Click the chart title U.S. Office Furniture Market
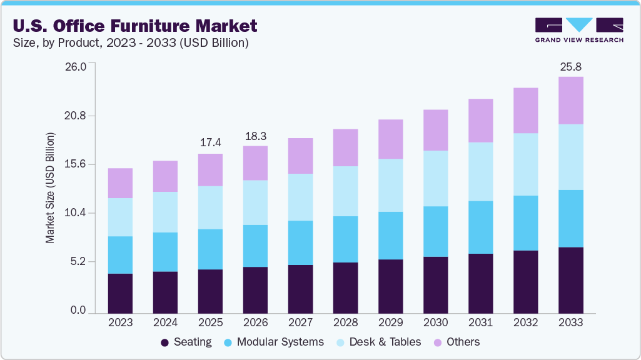[x=134, y=26]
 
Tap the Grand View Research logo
[x=578, y=29]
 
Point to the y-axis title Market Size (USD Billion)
[x=50, y=187]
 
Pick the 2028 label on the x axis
[x=345, y=322]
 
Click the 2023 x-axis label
[x=120, y=322]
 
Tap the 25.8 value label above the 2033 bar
[x=570, y=66]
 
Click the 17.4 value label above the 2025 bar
[x=210, y=142]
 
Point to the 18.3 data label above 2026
[x=255, y=135]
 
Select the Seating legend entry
[x=186, y=342]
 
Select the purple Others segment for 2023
[x=120, y=183]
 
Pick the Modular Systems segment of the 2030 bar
[x=435, y=231]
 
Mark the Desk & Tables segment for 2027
[x=300, y=197]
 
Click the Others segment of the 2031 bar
[x=480, y=121]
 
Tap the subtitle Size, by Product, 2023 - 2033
[x=131, y=43]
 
